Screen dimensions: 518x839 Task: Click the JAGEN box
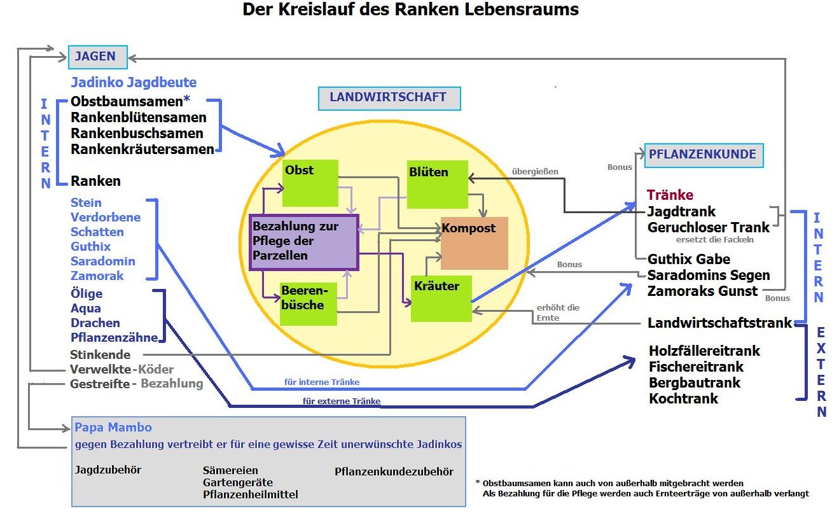click(98, 56)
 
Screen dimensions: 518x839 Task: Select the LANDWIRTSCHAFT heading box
click(389, 98)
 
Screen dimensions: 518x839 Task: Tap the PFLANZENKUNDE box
click(703, 155)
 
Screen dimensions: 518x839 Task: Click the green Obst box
click(310, 183)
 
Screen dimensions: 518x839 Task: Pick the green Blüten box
click(437, 185)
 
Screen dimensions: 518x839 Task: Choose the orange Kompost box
click(474, 243)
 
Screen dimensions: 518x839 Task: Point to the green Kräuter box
click(441, 298)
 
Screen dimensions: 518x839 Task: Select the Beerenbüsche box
click(309, 304)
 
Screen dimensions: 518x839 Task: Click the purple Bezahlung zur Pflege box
click(303, 241)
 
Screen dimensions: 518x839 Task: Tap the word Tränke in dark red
click(670, 195)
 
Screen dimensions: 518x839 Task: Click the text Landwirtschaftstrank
click(719, 323)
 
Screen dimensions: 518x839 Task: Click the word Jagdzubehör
click(108, 470)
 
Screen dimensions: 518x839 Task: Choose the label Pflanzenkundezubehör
click(394, 472)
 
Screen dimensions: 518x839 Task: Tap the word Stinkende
click(100, 354)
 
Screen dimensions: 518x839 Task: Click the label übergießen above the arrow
click(535, 171)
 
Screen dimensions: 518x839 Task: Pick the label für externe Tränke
click(342, 402)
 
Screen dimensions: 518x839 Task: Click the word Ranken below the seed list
click(95, 181)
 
